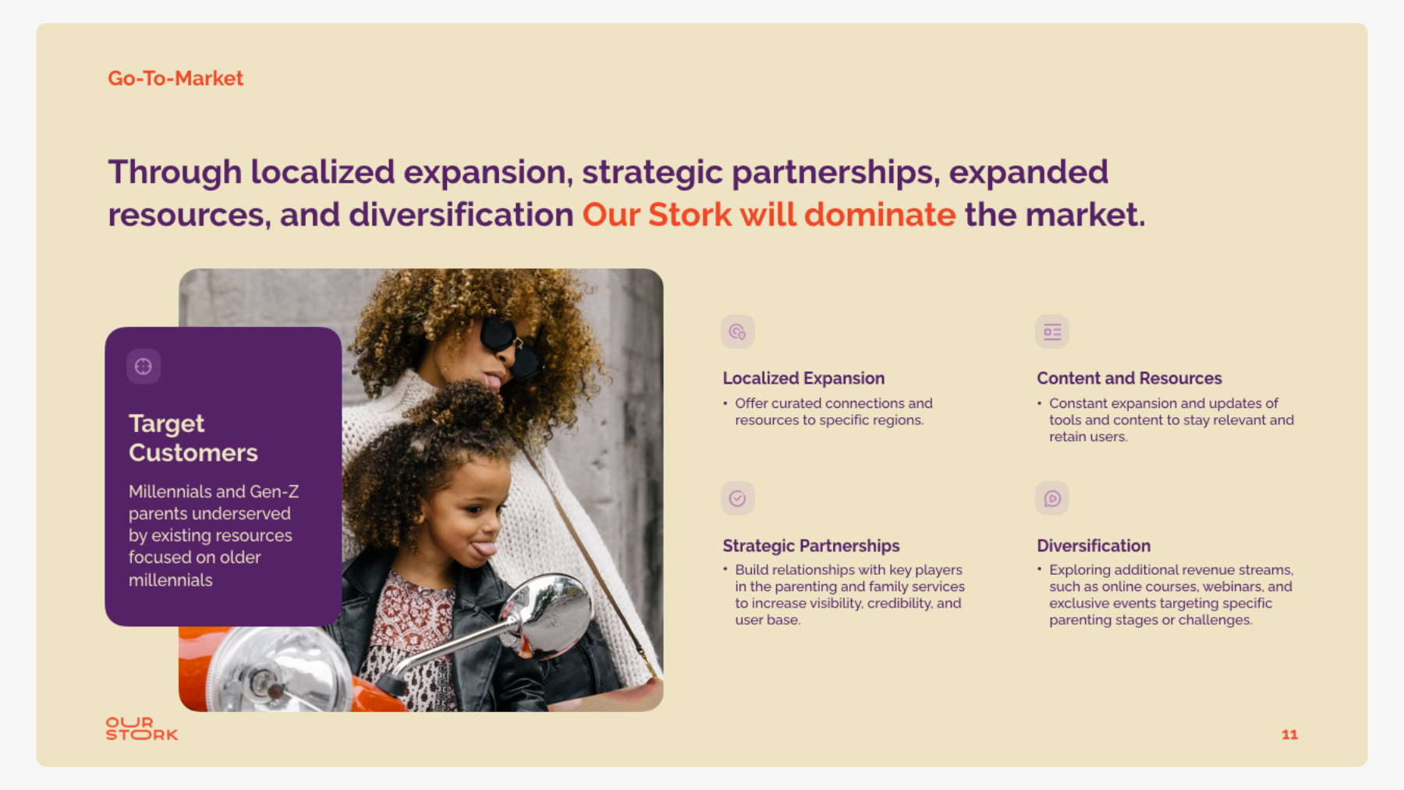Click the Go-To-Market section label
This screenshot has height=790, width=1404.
(x=175, y=78)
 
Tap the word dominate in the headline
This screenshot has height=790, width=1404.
(x=880, y=214)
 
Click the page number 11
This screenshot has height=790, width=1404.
(x=1289, y=735)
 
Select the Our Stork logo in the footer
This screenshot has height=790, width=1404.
(x=142, y=728)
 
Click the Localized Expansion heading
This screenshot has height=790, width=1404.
(x=803, y=378)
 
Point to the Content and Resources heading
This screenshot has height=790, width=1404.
(x=1129, y=378)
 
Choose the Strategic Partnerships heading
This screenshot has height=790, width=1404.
(x=811, y=546)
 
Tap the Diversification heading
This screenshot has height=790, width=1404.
(x=1094, y=546)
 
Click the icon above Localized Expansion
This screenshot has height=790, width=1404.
(x=737, y=331)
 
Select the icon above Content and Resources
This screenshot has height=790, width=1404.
(x=1052, y=331)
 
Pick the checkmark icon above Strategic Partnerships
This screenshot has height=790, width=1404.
(x=737, y=498)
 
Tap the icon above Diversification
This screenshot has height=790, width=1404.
(x=1052, y=498)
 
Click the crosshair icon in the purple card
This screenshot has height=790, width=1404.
(x=144, y=367)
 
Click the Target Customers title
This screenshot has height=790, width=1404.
(x=193, y=438)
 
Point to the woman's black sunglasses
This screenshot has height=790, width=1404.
(x=508, y=345)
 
